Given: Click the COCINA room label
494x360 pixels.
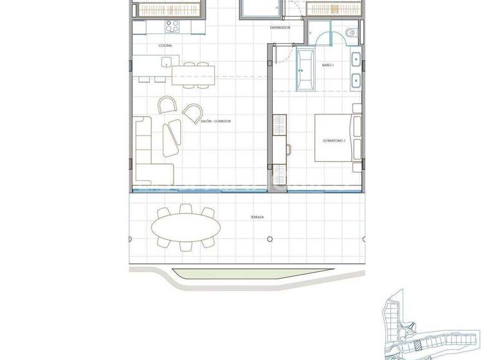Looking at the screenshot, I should pyautogui.click(x=165, y=46).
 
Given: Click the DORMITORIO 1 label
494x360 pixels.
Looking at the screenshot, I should pyautogui.click(x=334, y=140).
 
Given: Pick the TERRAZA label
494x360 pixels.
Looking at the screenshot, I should pyautogui.click(x=257, y=217).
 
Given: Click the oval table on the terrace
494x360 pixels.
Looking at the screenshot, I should pyautogui.click(x=185, y=227).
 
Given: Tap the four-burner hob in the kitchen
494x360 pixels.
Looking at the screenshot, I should pyautogui.click(x=172, y=26).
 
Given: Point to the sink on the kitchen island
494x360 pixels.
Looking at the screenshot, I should pyautogui.click(x=167, y=62).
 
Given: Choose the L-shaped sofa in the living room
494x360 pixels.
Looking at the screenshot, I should pyautogui.click(x=151, y=151).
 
